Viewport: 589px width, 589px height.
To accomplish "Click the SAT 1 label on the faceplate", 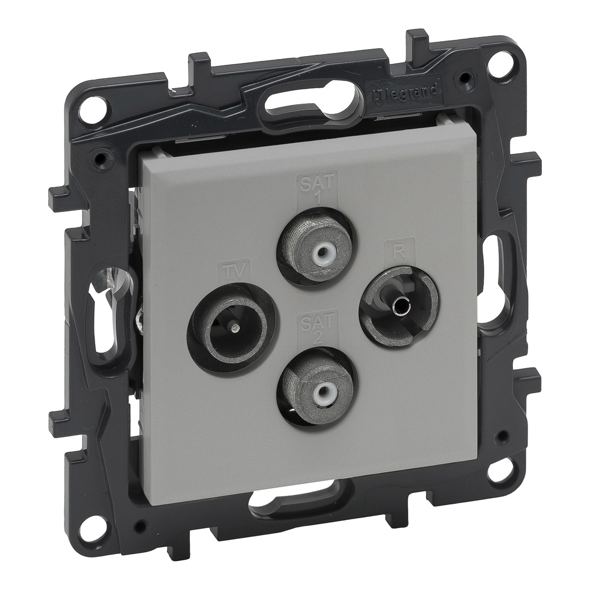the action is tap(317, 191).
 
